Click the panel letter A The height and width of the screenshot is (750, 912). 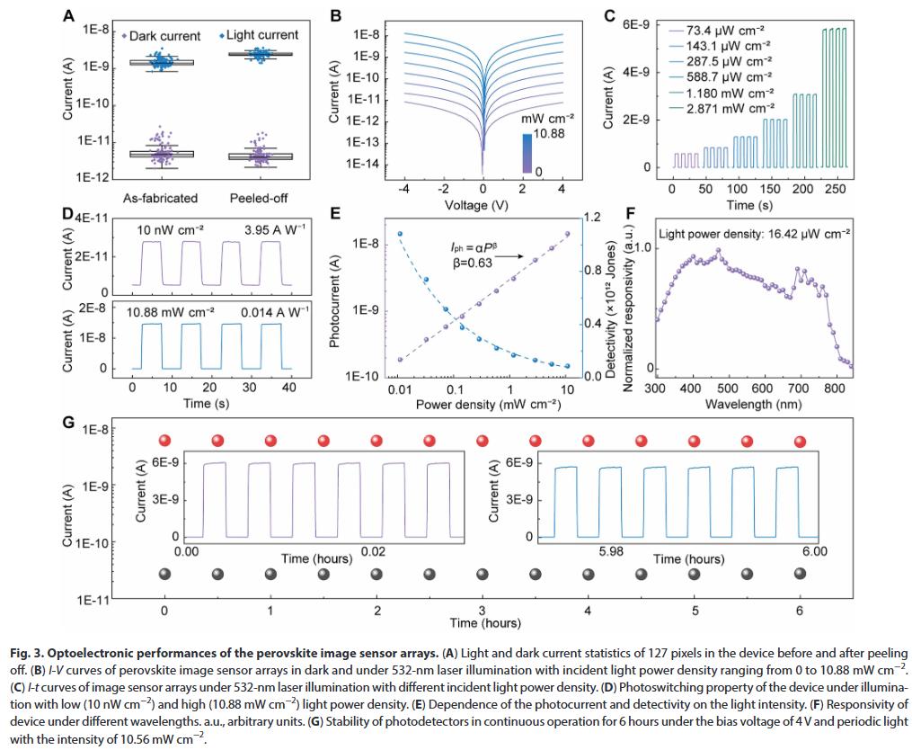coord(70,16)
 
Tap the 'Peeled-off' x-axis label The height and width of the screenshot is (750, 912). coord(259,198)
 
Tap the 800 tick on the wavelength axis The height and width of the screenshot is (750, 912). coord(834,388)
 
